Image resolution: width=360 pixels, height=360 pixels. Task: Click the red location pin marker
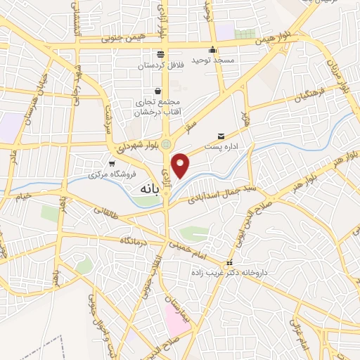click(181, 165)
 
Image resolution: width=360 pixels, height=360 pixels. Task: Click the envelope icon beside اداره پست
click(221, 136)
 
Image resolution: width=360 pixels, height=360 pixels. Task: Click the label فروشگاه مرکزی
click(112, 173)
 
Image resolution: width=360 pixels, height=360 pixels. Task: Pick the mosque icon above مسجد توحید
click(212, 49)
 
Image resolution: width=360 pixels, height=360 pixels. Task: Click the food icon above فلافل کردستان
click(161, 54)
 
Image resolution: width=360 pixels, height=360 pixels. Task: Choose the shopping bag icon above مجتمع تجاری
click(158, 91)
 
